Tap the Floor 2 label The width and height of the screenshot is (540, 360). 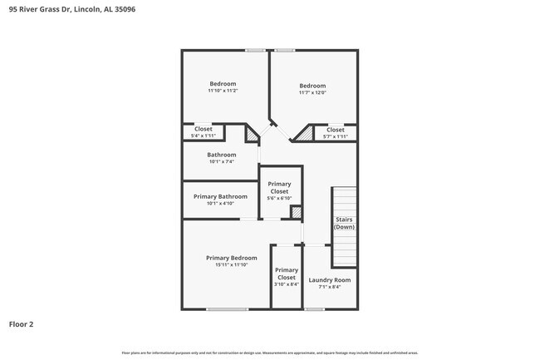point(22,324)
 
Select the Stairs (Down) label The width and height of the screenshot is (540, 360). point(344,223)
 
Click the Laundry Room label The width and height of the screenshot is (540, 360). point(329,280)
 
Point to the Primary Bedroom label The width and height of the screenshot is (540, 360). point(231,258)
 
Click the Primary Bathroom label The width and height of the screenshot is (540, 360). point(220,196)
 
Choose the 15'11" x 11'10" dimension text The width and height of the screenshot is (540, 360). point(231,265)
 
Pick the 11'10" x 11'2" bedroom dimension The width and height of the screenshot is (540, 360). point(223,91)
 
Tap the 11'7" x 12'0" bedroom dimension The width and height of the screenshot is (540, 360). point(312,92)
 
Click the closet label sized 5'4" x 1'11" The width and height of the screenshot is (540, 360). point(204,136)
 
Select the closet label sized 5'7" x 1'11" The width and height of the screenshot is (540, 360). point(335,136)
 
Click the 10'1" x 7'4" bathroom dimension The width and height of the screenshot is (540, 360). point(222,161)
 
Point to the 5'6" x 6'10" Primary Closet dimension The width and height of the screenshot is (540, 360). point(279,198)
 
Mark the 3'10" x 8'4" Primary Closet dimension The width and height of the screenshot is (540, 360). point(286,284)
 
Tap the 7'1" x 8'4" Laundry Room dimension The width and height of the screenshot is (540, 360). point(329,287)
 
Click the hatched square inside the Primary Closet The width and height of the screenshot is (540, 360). point(296,213)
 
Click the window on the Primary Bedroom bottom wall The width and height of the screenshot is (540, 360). point(228,309)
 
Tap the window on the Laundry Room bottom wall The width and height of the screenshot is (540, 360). point(314,309)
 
